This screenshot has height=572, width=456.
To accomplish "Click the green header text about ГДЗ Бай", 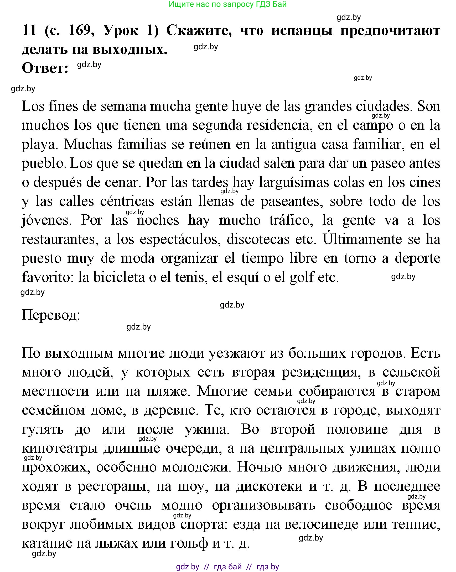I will [x=227, y=4].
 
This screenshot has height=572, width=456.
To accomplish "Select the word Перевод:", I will [x=51, y=315].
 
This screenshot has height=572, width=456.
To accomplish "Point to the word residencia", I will [x=278, y=125].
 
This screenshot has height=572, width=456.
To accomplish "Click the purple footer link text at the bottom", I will [x=227, y=566].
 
